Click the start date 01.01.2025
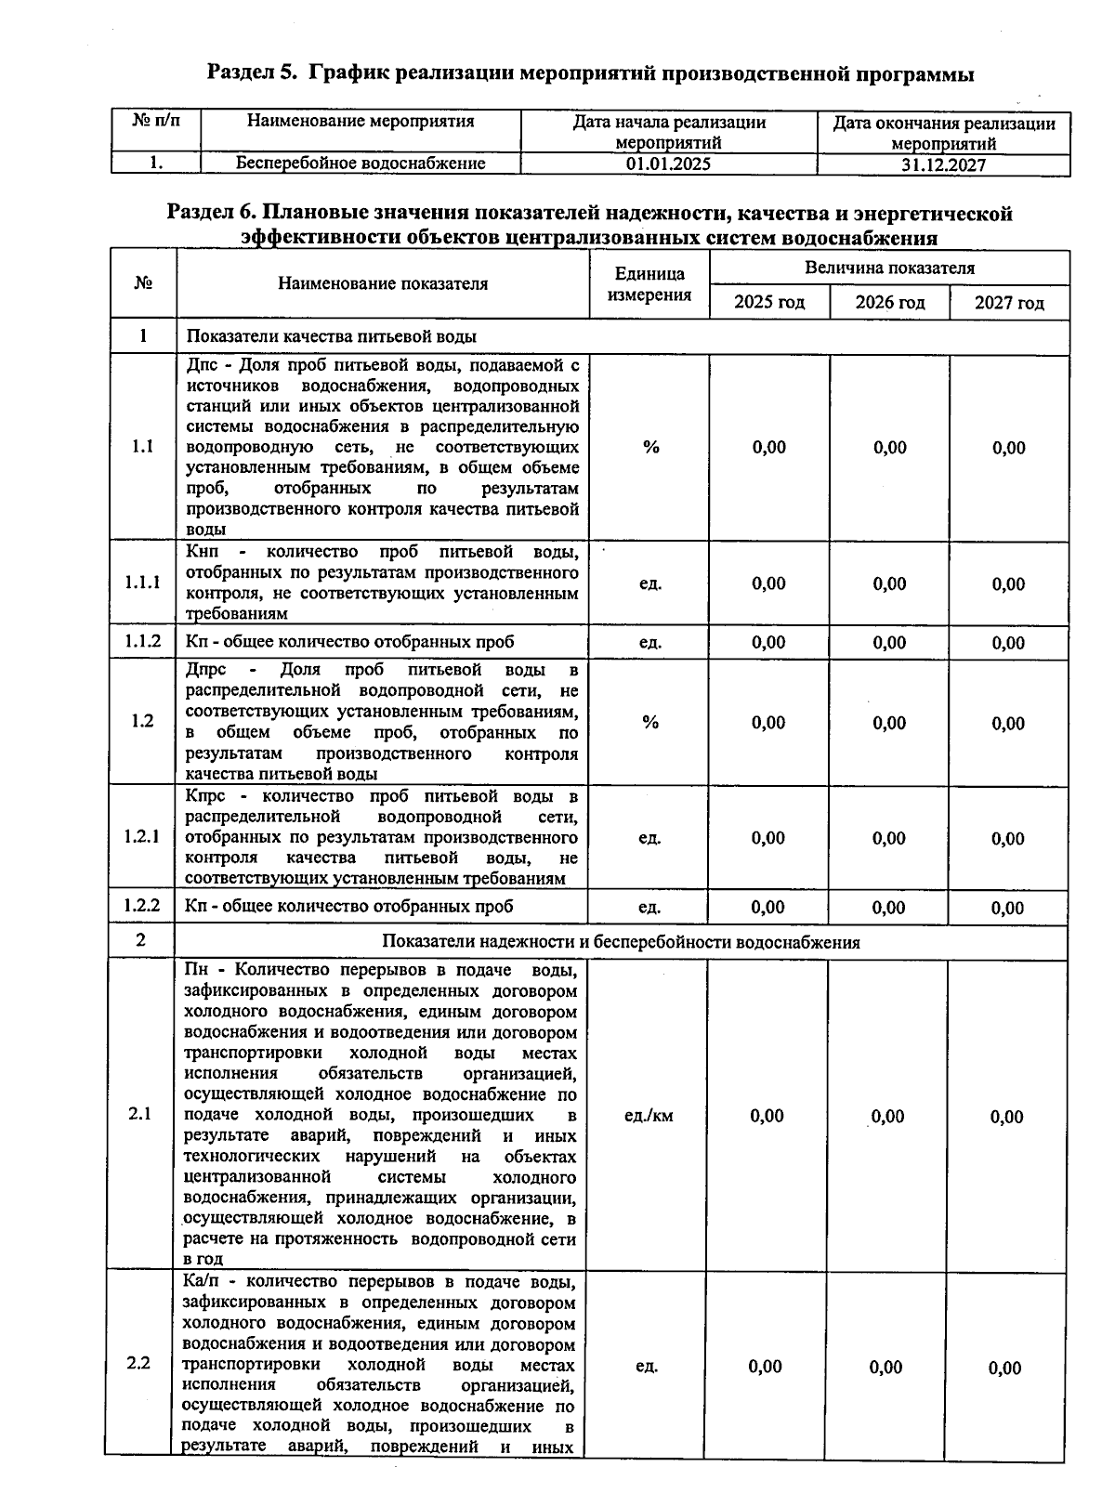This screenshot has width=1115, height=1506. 668,164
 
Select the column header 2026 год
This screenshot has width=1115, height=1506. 889,303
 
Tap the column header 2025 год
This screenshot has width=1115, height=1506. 768,303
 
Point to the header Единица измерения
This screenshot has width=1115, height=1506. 649,284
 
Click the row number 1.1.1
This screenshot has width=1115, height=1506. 142,583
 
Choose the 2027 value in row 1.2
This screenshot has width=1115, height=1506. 1008,723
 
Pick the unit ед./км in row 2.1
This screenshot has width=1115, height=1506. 649,1116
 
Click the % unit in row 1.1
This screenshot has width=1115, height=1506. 650,447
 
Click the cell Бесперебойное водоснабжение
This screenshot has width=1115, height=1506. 361,164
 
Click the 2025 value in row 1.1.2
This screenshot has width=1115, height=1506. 768,642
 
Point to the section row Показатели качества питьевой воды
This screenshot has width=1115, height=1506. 332,336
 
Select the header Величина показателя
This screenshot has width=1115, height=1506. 889,268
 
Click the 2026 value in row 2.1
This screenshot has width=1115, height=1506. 887,1116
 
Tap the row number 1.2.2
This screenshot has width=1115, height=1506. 141,906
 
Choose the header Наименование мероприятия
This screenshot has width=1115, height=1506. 361,122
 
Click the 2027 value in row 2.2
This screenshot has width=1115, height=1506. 1005,1368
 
